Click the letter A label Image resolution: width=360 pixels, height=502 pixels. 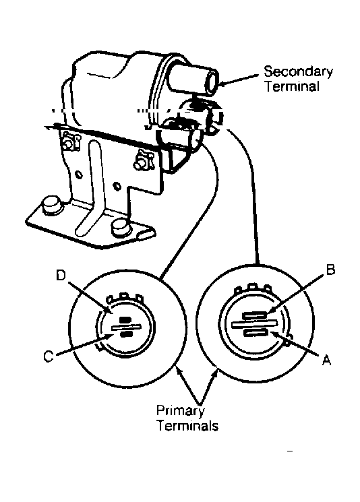click(326, 360)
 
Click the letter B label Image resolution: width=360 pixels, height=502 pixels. click(330, 270)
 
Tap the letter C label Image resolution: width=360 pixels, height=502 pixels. click(49, 356)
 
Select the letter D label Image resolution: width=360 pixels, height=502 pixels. click(61, 275)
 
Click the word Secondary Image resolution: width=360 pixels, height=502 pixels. click(298, 71)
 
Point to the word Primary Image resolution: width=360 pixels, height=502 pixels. click(180, 411)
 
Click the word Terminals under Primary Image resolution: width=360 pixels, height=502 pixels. click(187, 425)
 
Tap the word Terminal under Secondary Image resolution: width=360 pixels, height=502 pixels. click(292, 86)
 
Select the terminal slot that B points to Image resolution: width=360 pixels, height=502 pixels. click(255, 316)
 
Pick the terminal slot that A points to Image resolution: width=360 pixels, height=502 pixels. click(256, 334)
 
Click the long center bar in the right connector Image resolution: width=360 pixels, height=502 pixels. click(254, 324)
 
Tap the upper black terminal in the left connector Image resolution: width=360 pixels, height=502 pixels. click(125, 319)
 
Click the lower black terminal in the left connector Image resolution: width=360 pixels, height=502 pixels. click(125, 334)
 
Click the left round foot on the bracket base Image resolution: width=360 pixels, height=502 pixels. click(51, 204)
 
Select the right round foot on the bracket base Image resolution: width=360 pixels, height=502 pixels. click(121, 228)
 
